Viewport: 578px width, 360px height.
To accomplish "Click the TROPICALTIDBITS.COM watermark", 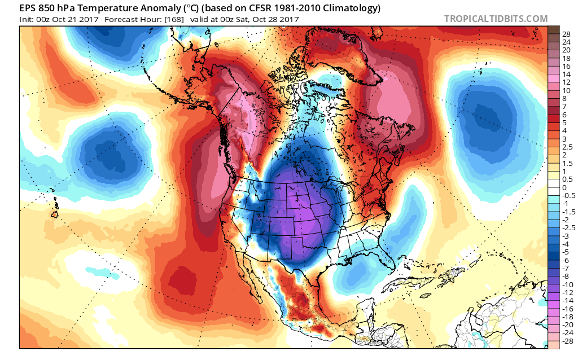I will (x=496, y=19).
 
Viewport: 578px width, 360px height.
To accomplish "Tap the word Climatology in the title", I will (x=336, y=8).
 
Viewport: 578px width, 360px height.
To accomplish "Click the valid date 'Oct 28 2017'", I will (x=277, y=19).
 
